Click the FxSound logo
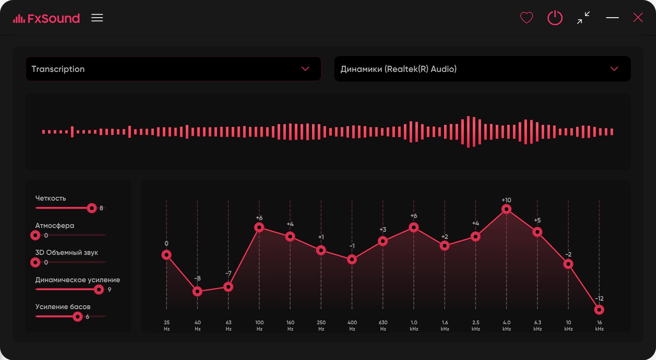[46, 19]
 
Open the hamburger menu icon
[97, 18]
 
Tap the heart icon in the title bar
[526, 18]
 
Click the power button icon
[555, 18]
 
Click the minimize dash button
[612, 18]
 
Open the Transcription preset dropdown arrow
[305, 69]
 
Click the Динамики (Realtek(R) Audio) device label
[398, 69]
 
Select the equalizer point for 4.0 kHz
[506, 209]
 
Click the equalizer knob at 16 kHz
[599, 310]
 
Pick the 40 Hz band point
[197, 291]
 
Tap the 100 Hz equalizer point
[259, 227]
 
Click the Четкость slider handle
[92, 208]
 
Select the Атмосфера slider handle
[35, 235]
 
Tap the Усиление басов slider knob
[78, 317]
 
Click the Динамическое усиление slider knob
[99, 290]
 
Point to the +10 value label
[506, 200]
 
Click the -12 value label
[599, 299]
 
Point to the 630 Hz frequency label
[383, 326]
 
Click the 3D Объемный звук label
[66, 252]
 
